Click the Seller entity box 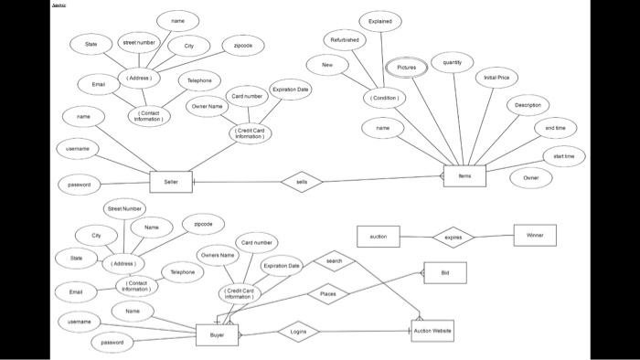[x=171, y=182]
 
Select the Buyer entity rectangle [x=218, y=334]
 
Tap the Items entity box [x=464, y=176]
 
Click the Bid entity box [x=445, y=272]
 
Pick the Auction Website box [x=432, y=331]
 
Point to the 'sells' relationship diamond [x=303, y=182]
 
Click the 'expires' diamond [x=453, y=237]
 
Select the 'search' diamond [x=334, y=261]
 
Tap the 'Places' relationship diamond [x=328, y=294]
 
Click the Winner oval [x=535, y=236]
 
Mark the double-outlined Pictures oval [x=407, y=68]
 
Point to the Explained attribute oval [x=380, y=20]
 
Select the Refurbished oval [x=346, y=40]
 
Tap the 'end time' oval [x=555, y=129]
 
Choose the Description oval [x=528, y=105]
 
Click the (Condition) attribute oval [x=383, y=97]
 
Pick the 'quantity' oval [x=452, y=62]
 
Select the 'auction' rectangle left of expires [x=378, y=237]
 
